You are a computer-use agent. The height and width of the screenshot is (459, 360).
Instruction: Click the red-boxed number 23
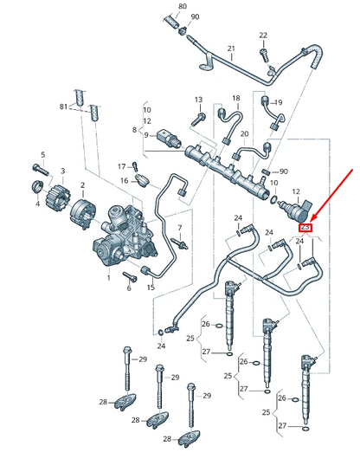(305, 228)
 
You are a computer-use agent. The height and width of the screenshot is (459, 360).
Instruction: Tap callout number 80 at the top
(182, 6)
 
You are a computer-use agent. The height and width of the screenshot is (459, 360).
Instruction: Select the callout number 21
(231, 48)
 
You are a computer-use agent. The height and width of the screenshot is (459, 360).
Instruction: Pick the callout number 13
(198, 100)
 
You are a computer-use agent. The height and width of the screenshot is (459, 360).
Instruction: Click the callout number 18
(235, 99)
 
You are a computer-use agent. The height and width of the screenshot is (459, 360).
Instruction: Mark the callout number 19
(278, 103)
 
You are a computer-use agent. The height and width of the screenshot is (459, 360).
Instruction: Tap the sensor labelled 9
(167, 136)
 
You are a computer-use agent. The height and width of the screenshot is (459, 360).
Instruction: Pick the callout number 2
(82, 185)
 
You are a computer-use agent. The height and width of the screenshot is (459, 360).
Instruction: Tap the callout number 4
(38, 205)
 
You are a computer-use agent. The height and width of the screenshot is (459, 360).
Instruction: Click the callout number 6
(128, 288)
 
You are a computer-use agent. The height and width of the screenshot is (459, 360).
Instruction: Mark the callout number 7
(180, 229)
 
